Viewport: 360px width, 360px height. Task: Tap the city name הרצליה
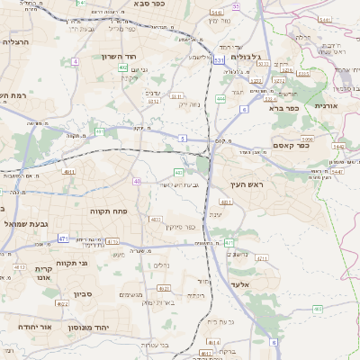17,41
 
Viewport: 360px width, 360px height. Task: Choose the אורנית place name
325,105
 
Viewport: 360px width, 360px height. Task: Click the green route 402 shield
122,79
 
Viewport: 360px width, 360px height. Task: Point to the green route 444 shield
220,100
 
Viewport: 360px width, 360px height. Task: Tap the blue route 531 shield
219,60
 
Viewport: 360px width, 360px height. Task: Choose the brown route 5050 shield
308,140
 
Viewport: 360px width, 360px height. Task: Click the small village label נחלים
162,265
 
